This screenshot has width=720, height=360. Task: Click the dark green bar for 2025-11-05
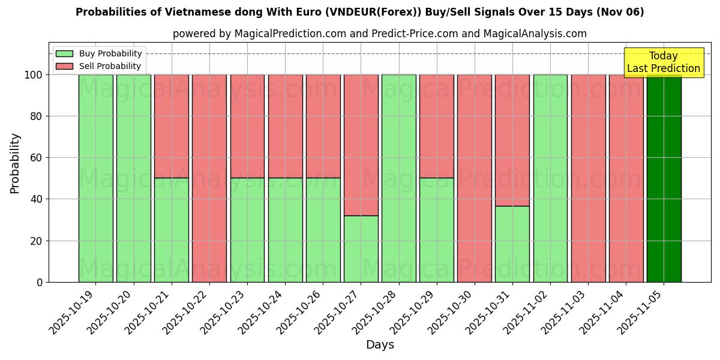[664, 178]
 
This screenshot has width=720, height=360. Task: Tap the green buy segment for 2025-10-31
[512, 244]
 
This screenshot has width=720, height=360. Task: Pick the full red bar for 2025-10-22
[209, 178]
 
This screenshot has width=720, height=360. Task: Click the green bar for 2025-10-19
[95, 178]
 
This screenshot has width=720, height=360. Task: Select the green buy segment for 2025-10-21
[172, 230]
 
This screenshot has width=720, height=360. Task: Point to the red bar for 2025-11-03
[588, 178]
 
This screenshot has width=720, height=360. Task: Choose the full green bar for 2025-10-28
[399, 178]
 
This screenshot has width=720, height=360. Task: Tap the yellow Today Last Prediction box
[663, 62]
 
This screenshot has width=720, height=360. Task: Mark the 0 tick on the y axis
[40, 282]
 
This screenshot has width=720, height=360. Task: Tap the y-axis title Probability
[15, 163]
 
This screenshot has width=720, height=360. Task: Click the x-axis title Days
[380, 345]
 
